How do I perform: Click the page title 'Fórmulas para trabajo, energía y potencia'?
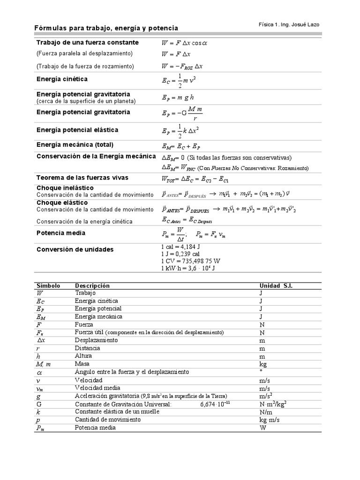[106, 29]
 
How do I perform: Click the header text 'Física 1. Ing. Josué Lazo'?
[289, 24]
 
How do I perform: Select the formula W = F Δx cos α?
[185, 43]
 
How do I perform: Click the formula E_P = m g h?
[179, 97]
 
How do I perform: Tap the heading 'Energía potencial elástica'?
[77, 130]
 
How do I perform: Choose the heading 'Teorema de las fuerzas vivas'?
[82, 178]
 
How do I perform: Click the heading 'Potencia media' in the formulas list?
[61, 233]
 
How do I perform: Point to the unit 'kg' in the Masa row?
[263, 364]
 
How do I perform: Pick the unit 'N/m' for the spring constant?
[266, 412]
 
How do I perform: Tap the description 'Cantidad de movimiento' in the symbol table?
[107, 420]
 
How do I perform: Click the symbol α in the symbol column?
[39, 372]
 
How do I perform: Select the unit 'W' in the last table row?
[263, 427]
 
